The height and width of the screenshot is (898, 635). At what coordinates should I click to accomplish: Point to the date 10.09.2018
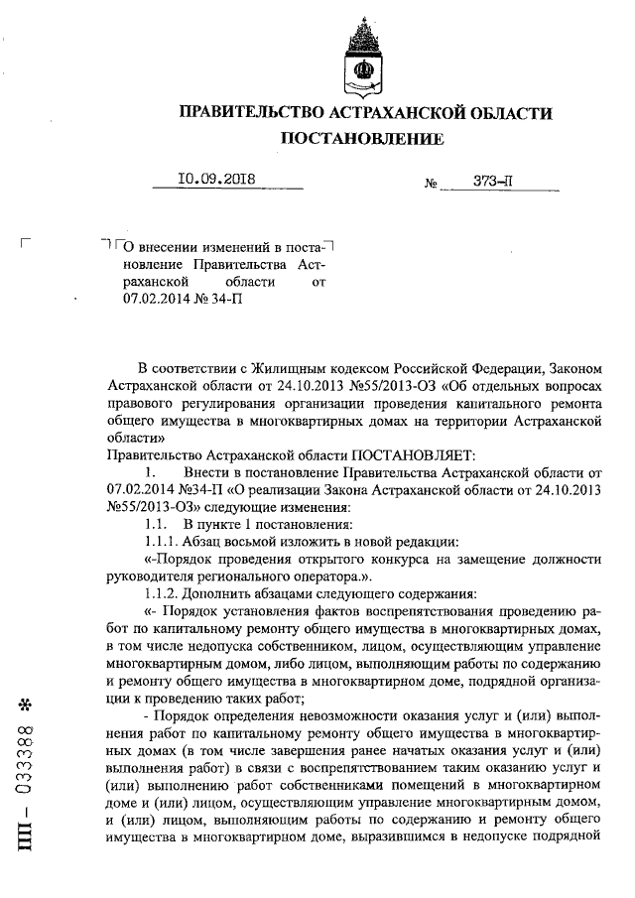pos(215,180)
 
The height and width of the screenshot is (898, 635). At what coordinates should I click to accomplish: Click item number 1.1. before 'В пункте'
pos(157,523)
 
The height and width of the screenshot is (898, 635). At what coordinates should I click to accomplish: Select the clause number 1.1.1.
pos(160,541)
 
